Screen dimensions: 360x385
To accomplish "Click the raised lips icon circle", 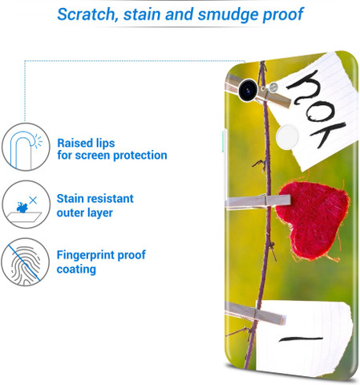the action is coord(26,147).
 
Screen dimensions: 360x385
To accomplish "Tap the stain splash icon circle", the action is coord(26,205).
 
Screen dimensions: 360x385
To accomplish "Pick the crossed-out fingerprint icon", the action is coord(26,262).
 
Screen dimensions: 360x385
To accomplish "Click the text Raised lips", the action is coord(86,143).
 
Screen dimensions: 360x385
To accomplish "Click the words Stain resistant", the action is coord(95,199).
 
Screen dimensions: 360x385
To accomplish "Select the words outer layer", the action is coord(85,213).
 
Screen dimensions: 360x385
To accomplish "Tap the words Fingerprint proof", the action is coord(101,255).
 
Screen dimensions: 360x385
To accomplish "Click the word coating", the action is coord(76,269).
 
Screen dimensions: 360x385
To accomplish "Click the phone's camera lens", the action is coord(248,91).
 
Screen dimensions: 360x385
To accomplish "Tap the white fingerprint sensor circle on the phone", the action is coord(287,136).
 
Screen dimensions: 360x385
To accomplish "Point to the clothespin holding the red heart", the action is coord(257,202).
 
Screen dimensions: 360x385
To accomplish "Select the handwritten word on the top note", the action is coord(316,109).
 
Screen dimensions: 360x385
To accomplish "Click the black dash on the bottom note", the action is coord(301,339).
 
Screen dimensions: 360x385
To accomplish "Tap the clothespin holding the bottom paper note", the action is coord(255,314).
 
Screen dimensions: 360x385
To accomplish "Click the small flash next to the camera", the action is coord(273,87).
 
